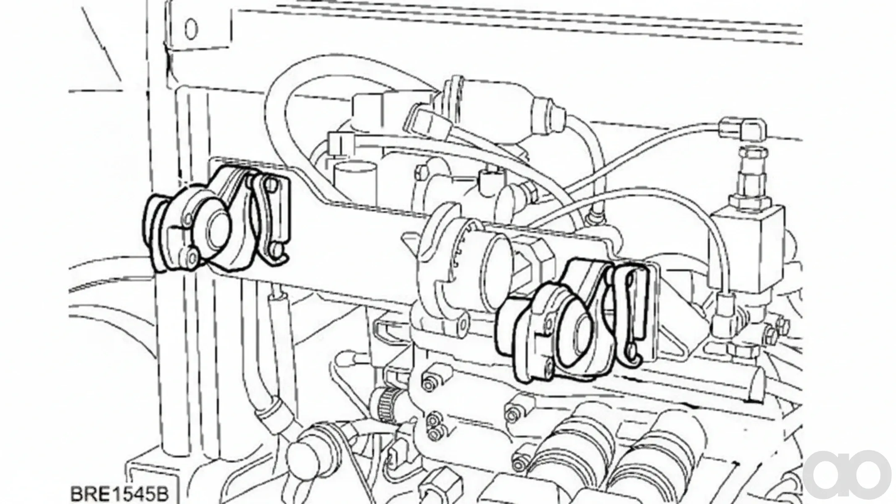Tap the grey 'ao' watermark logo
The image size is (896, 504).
(x=849, y=476)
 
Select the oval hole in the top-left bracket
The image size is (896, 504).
(x=191, y=29)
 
